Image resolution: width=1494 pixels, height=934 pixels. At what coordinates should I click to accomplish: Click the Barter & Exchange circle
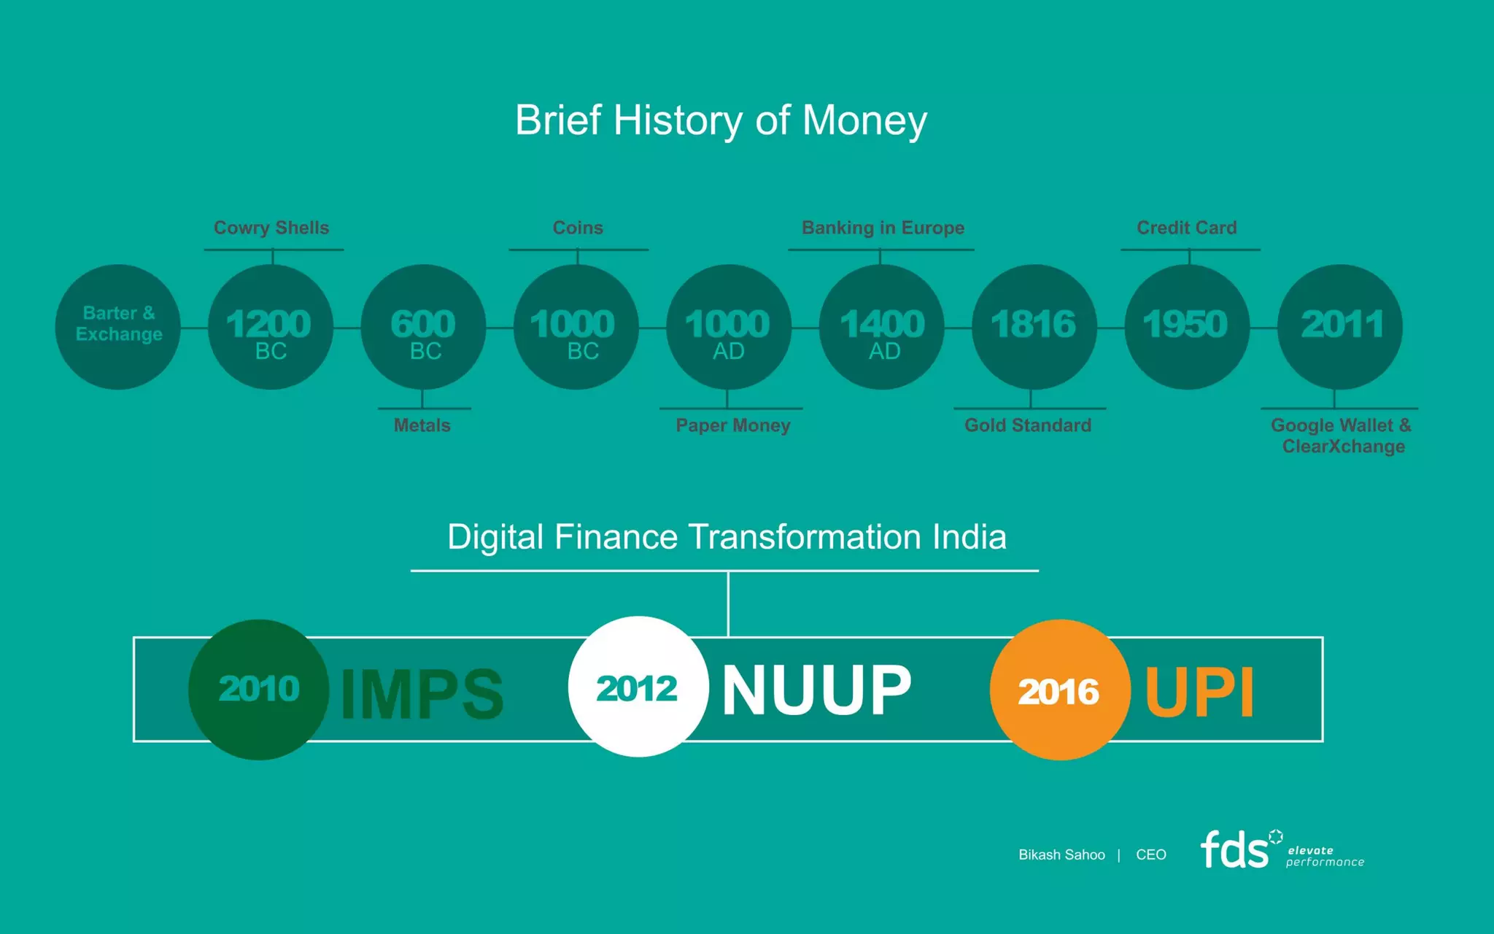(x=118, y=327)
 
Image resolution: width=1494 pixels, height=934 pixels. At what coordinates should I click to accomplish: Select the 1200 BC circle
(x=271, y=327)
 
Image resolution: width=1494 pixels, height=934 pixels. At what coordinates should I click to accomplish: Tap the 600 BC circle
(x=423, y=327)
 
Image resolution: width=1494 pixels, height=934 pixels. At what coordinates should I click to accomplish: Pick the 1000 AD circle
(x=729, y=327)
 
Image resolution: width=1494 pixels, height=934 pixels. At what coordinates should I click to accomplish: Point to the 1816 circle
(x=1034, y=327)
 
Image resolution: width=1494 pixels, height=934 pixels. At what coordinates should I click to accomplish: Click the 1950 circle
(x=1187, y=327)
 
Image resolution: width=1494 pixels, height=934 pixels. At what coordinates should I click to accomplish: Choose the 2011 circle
(x=1340, y=327)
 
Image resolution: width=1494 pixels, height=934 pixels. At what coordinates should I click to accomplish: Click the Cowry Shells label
(x=271, y=228)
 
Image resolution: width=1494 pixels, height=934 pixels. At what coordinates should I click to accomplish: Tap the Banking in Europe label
(x=883, y=228)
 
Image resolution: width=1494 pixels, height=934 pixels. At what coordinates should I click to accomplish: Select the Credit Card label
(x=1187, y=228)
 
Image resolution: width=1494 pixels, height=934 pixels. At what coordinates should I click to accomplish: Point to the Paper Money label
(x=733, y=425)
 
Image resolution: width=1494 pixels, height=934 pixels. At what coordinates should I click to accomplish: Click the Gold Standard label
(x=1028, y=425)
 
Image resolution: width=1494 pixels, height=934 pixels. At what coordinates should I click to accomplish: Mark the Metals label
(x=422, y=425)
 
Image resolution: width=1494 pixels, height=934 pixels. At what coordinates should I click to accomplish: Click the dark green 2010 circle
(x=258, y=690)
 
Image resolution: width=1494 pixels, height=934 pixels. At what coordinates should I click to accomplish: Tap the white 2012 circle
(x=638, y=687)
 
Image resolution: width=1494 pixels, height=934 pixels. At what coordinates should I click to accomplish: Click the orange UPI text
(x=1199, y=692)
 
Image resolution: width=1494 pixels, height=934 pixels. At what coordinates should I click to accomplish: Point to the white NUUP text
(x=816, y=690)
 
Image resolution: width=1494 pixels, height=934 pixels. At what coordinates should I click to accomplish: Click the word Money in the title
(x=864, y=120)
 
